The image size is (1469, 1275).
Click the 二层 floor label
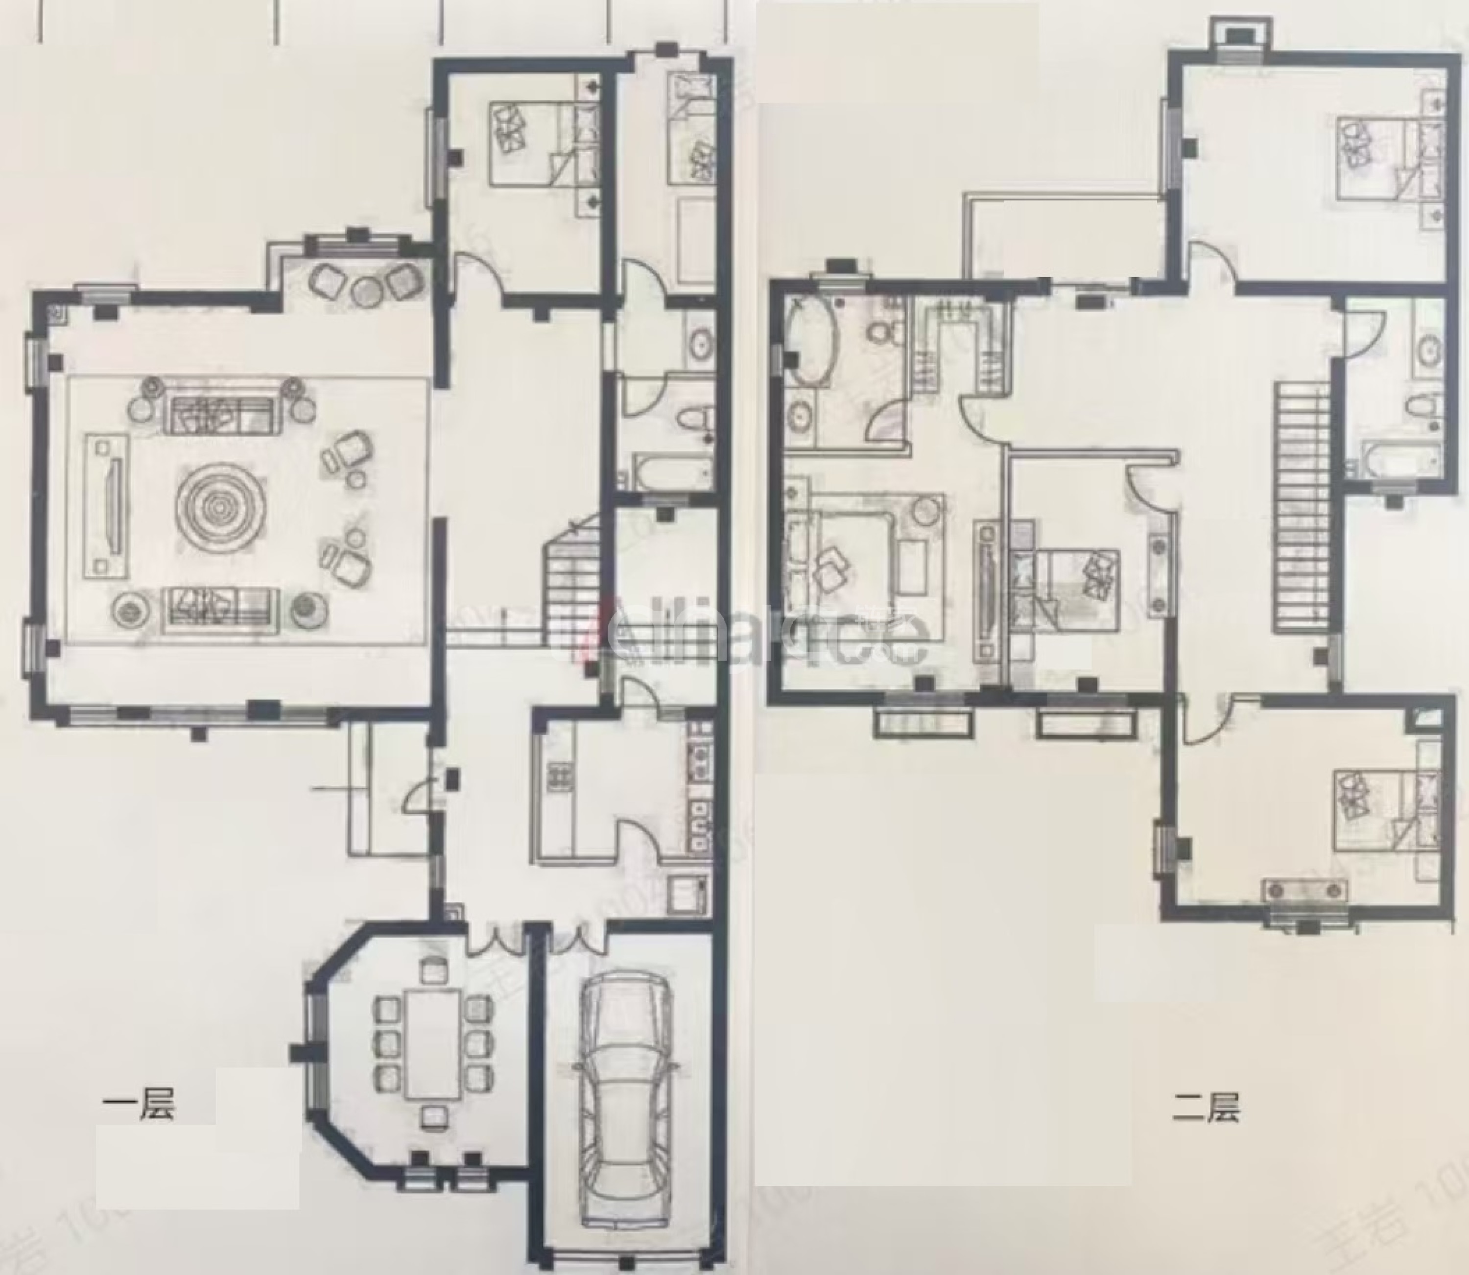[1205, 1107]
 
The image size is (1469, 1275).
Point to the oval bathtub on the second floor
[810, 342]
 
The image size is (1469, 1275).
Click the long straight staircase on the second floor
[1302, 505]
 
